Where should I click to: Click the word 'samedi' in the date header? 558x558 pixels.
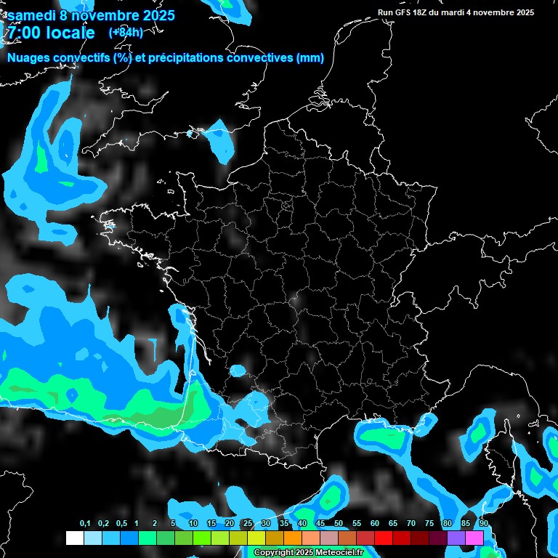click(31, 15)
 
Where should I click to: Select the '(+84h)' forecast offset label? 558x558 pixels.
click(126, 32)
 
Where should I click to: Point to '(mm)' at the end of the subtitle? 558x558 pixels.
click(310, 58)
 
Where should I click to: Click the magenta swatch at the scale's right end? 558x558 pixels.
click(474, 538)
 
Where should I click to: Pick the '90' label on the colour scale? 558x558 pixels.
click(483, 524)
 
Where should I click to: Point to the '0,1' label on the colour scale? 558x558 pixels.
click(84, 524)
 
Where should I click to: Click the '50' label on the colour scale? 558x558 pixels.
click(339, 524)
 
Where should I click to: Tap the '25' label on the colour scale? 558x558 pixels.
click(248, 524)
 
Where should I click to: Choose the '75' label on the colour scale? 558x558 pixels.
click(429, 524)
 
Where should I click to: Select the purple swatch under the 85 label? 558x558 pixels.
click(456, 538)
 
